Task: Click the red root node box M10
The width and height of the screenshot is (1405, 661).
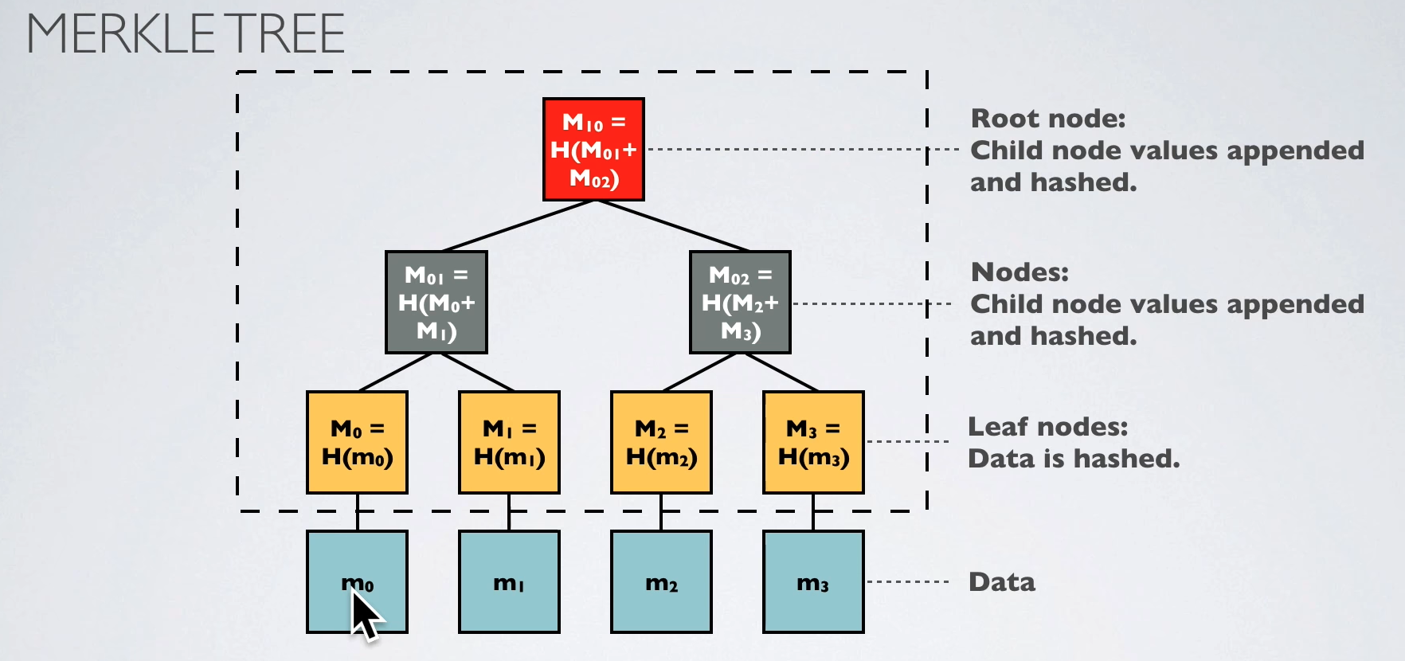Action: click(x=593, y=150)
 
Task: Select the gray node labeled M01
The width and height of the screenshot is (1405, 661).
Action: click(x=436, y=303)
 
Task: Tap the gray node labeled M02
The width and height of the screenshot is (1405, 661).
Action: click(x=740, y=303)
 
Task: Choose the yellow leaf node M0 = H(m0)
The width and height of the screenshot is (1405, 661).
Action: click(x=357, y=443)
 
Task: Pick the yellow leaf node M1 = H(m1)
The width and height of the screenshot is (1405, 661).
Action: click(x=509, y=443)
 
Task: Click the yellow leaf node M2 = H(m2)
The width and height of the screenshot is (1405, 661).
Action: click(x=661, y=443)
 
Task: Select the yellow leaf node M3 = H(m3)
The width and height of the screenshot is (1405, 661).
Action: click(x=813, y=443)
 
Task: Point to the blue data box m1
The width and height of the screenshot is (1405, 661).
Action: click(x=509, y=583)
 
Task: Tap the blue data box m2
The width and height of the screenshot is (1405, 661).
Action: click(x=661, y=583)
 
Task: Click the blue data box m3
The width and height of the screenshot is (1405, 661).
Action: click(x=813, y=583)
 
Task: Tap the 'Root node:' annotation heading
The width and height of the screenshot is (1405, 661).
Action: click(x=1048, y=119)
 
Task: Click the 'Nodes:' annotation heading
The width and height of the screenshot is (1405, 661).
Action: click(x=1020, y=272)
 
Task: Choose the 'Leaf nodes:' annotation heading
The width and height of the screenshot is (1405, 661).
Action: click(x=1047, y=427)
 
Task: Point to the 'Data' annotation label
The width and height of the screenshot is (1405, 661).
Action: click(x=1002, y=582)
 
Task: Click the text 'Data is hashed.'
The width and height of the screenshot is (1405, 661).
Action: click(x=1074, y=459)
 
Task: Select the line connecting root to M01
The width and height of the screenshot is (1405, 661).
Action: click(x=518, y=225)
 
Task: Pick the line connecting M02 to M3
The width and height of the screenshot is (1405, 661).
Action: click(x=781, y=372)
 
